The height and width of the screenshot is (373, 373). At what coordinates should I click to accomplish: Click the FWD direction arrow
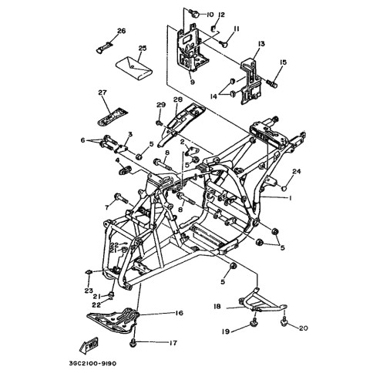[89, 344]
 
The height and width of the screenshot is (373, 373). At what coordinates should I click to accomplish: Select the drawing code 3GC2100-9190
[92, 364]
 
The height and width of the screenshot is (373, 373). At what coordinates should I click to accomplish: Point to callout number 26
[122, 31]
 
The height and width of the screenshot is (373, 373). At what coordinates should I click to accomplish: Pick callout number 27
[102, 92]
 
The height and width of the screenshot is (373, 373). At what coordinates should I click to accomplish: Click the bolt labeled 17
[133, 343]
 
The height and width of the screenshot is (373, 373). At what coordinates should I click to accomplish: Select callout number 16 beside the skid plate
[179, 313]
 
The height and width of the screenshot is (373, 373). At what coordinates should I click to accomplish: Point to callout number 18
[217, 307]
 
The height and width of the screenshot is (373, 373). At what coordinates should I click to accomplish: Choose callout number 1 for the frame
[290, 198]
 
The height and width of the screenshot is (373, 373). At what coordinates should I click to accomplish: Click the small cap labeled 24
[283, 189]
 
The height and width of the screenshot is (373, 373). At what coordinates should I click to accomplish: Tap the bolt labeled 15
[271, 83]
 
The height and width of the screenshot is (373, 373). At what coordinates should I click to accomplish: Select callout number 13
[261, 44]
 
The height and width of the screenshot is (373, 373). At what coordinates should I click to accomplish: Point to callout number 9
[193, 82]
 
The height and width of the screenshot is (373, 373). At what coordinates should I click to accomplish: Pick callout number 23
[89, 291]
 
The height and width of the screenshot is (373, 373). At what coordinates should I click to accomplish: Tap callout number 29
[161, 105]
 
